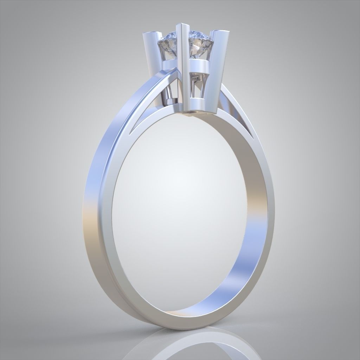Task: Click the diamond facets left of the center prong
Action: (x=169, y=46)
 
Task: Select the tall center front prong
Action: (x=183, y=70)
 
